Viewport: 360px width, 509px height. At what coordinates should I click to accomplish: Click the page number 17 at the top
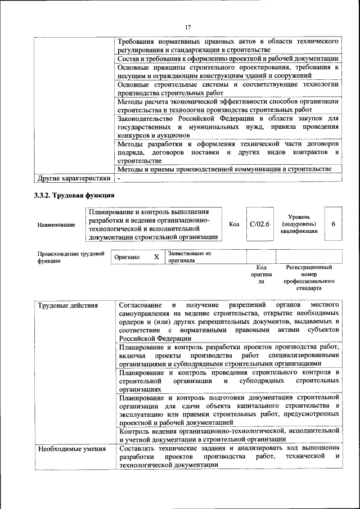click(x=188, y=27)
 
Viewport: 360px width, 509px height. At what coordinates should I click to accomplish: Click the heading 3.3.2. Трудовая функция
click(x=73, y=195)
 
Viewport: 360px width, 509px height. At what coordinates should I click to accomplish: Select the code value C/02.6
click(x=259, y=224)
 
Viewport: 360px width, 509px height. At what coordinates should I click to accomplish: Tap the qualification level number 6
click(x=333, y=224)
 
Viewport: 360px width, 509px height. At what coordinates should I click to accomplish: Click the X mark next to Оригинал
click(x=156, y=257)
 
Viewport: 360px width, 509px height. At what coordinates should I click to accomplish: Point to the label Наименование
click(x=56, y=225)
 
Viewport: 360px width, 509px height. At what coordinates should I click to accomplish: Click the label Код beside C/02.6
click(x=235, y=224)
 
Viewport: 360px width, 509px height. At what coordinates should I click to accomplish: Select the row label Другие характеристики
click(x=74, y=178)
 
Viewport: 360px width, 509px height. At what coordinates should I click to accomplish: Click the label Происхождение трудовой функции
click(x=70, y=257)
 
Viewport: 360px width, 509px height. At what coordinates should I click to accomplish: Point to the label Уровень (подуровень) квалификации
click(x=299, y=224)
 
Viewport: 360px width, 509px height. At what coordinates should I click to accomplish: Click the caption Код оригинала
click(x=260, y=274)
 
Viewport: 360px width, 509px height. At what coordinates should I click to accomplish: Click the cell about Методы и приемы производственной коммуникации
click(x=228, y=169)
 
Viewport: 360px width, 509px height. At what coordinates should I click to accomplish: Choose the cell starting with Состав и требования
click(x=228, y=58)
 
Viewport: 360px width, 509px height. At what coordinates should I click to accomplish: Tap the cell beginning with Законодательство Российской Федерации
click(x=228, y=127)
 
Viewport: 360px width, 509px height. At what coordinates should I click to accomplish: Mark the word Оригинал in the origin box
click(x=127, y=257)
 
